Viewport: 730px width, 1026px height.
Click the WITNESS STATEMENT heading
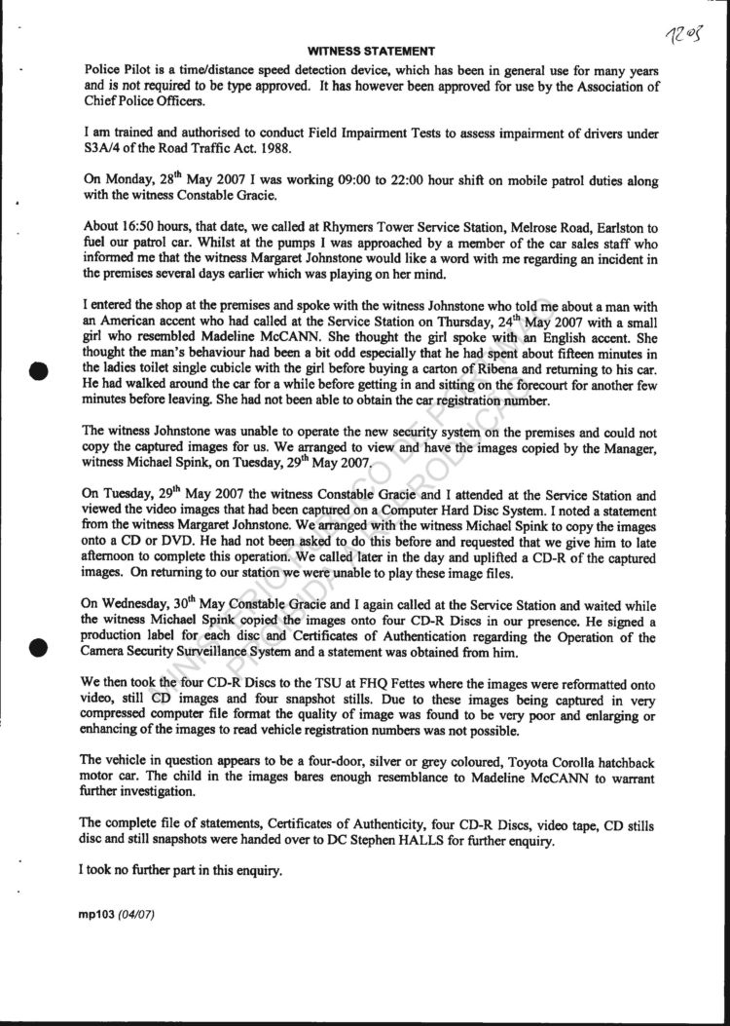pos(371,50)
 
